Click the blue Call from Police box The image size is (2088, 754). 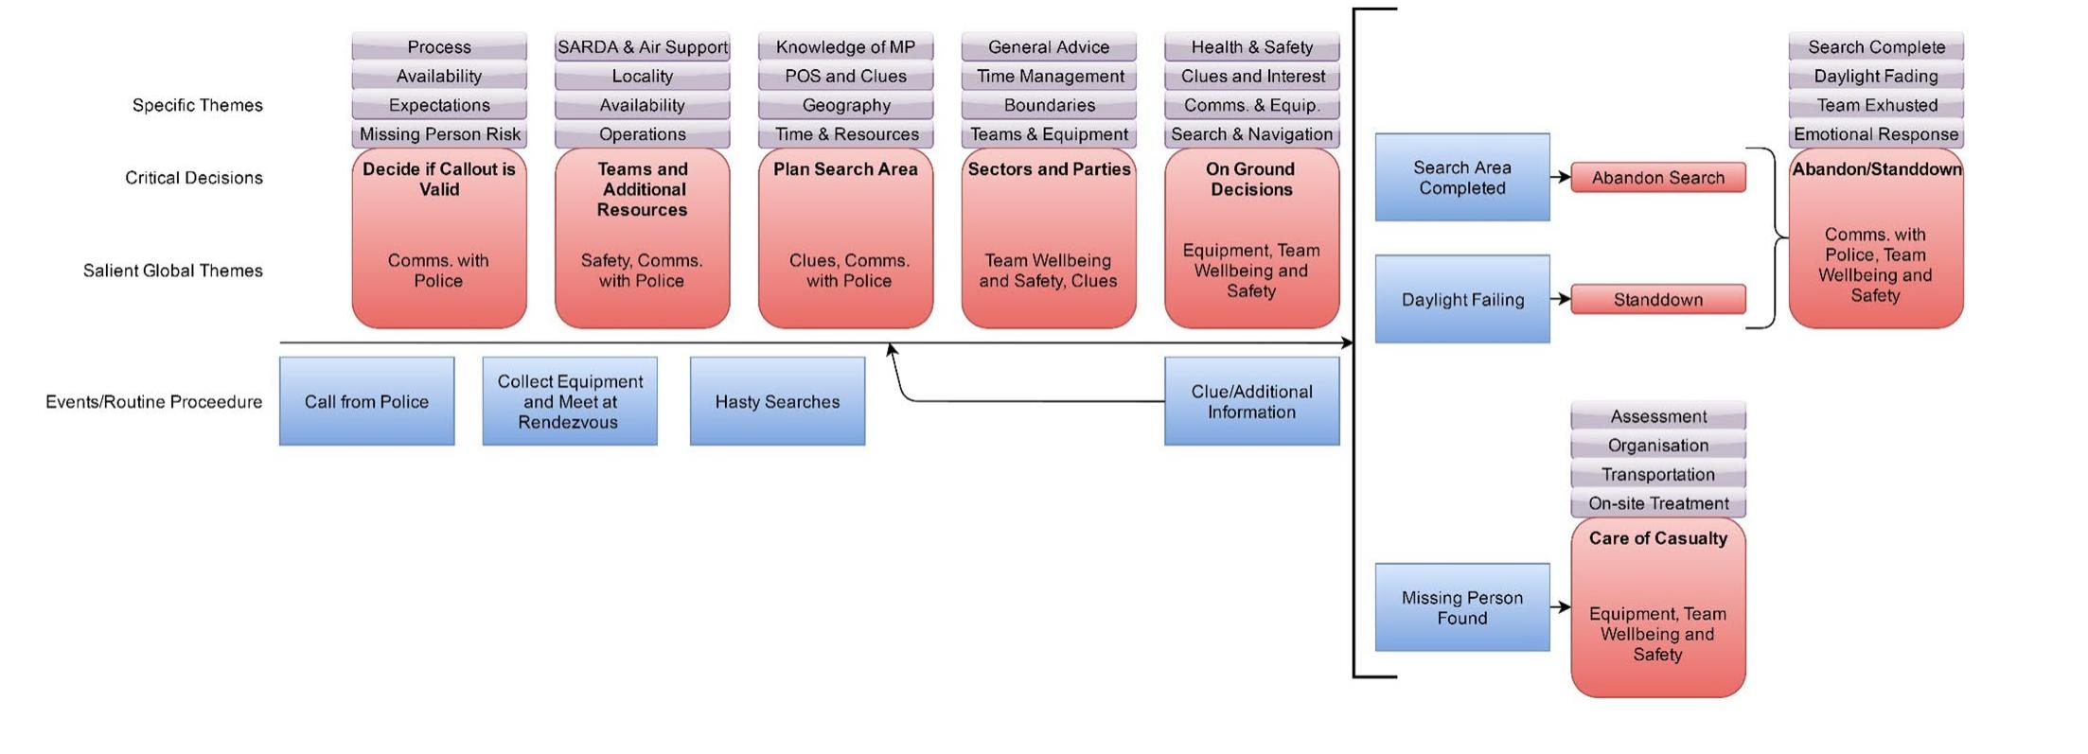[x=366, y=401]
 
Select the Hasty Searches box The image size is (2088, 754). [x=777, y=401]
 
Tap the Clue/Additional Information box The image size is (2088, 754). [x=1251, y=401]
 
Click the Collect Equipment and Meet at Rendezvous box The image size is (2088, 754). [x=570, y=401]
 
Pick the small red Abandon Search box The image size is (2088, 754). [x=1657, y=178]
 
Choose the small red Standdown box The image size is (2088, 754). [x=1657, y=300]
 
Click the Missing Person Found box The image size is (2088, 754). [x=1461, y=607]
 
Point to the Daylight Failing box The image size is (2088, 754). [x=1461, y=299]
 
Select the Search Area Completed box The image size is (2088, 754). [x=1461, y=178]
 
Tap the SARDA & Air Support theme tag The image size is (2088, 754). [x=642, y=47]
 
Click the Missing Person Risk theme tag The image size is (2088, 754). [x=439, y=134]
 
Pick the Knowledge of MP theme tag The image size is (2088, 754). [x=845, y=47]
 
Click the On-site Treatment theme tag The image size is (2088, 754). [x=1657, y=503]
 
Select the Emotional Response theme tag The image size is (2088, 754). [x=1875, y=134]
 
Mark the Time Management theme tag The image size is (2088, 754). [x=1049, y=76]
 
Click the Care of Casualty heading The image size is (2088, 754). [x=1657, y=538]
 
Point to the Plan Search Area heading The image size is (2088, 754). [x=845, y=169]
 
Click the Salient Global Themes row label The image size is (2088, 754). [x=172, y=271]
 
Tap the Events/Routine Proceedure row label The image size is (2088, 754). [x=153, y=402]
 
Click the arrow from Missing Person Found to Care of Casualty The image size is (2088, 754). [x=1560, y=607]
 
